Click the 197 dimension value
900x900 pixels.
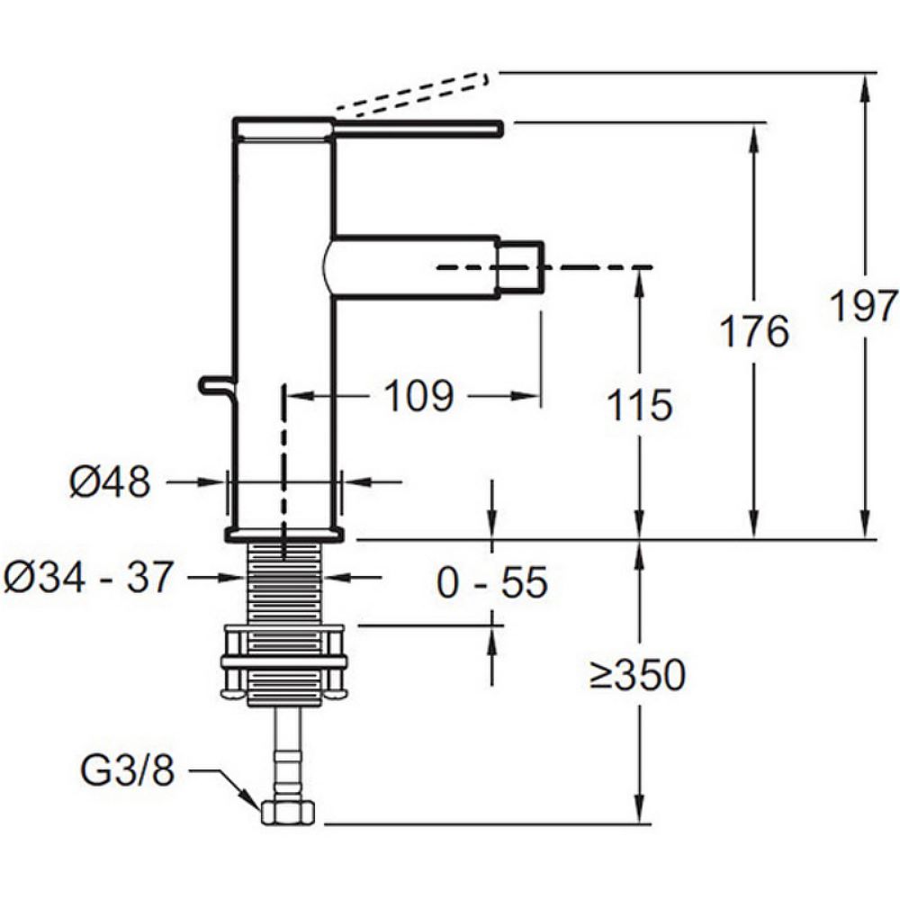pyautogui.click(x=864, y=306)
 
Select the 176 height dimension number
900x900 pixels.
pyautogui.click(x=754, y=332)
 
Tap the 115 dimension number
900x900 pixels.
pyautogui.click(x=639, y=405)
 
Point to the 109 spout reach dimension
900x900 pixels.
pyautogui.click(x=419, y=396)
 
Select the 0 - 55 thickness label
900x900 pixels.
pyautogui.click(x=492, y=582)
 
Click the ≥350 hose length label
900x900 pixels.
pyautogui.click(x=638, y=674)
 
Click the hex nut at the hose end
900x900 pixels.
pyautogui.click(x=288, y=814)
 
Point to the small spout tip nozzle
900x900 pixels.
pyautogui.click(x=520, y=267)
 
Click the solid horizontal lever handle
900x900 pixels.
pyautogui.click(x=418, y=129)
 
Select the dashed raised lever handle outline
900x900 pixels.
pyautogui.click(x=410, y=92)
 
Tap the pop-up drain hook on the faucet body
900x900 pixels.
pyautogui.click(x=218, y=387)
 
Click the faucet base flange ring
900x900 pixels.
pyautogui.click(x=284, y=534)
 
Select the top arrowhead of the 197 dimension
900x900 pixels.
pyautogui.click(x=865, y=86)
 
